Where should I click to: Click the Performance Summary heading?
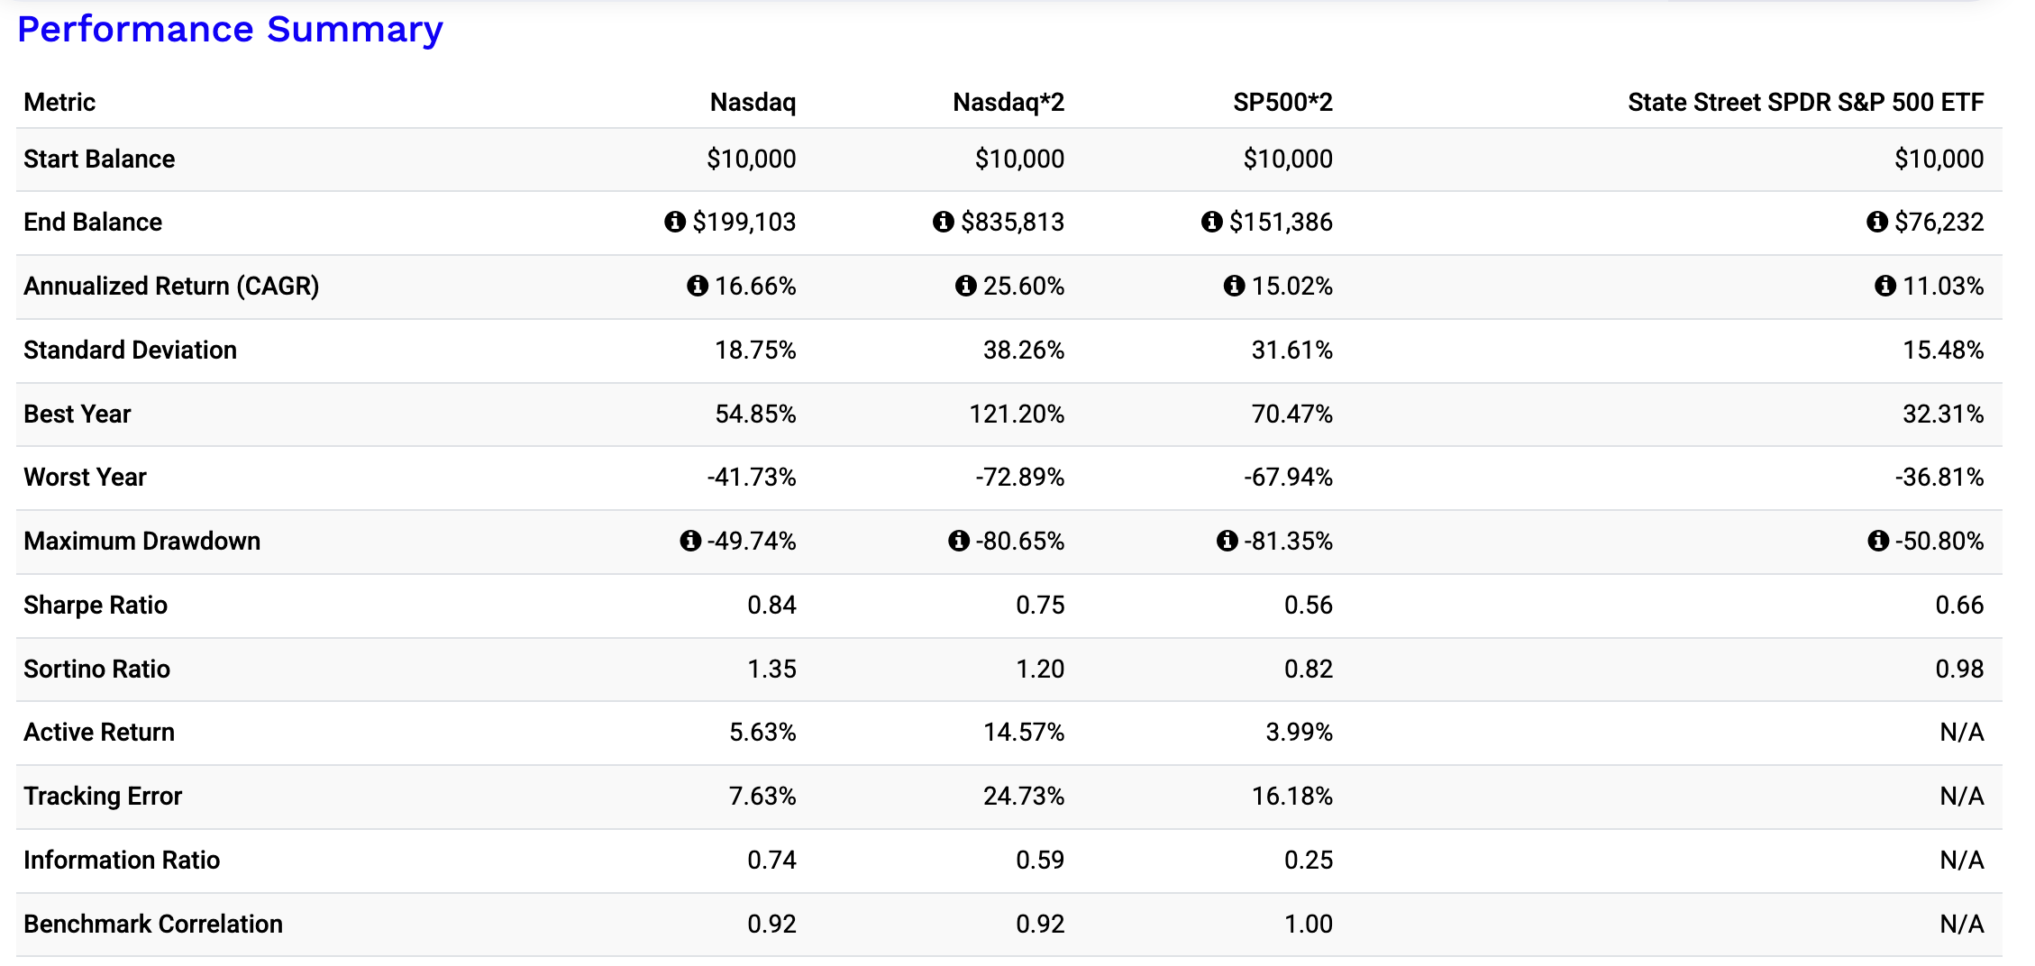pos(230,30)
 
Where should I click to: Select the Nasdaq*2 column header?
pos(1008,103)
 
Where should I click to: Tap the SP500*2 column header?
pos(1282,103)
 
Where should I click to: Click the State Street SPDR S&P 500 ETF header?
pos(1806,103)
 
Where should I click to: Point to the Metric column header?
pos(59,103)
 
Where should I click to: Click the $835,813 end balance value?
pos(1012,222)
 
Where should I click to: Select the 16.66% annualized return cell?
pos(755,286)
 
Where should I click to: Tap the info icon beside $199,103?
pos(675,222)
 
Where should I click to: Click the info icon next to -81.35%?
pos(1227,541)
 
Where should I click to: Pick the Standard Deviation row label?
pos(131,350)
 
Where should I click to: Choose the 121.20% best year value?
pos(1017,414)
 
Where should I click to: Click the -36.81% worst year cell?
pos(1939,477)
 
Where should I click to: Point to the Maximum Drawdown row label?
pos(142,541)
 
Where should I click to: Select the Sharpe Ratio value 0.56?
pos(1309,605)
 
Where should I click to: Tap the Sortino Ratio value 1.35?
pos(771,669)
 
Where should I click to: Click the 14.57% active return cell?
pos(1024,732)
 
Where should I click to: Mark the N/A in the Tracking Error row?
pos(1962,796)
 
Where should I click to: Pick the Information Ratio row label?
pos(122,860)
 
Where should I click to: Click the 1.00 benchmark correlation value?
pos(1309,924)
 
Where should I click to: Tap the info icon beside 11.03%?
pos(1885,286)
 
